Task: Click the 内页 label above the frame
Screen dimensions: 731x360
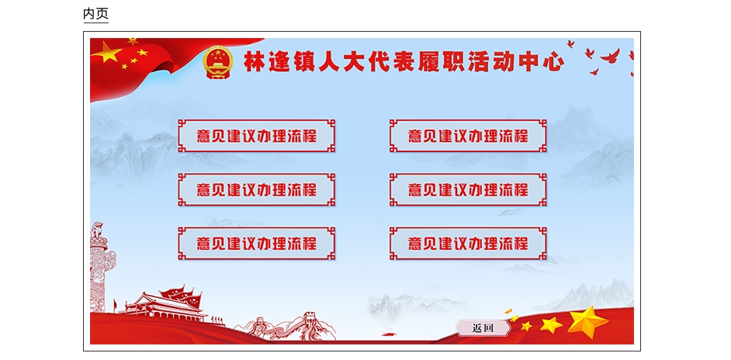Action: coord(95,13)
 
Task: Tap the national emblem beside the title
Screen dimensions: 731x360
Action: coord(218,62)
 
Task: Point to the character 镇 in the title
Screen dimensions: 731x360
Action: coord(304,62)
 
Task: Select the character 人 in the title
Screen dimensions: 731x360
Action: coord(329,62)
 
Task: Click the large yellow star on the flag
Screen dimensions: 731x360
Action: coord(108,52)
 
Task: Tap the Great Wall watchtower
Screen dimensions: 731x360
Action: coord(310,320)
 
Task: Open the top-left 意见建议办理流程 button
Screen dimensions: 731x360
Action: coord(256,136)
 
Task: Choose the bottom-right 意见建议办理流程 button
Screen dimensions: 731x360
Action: coord(468,244)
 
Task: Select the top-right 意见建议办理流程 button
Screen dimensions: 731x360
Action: coord(468,136)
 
